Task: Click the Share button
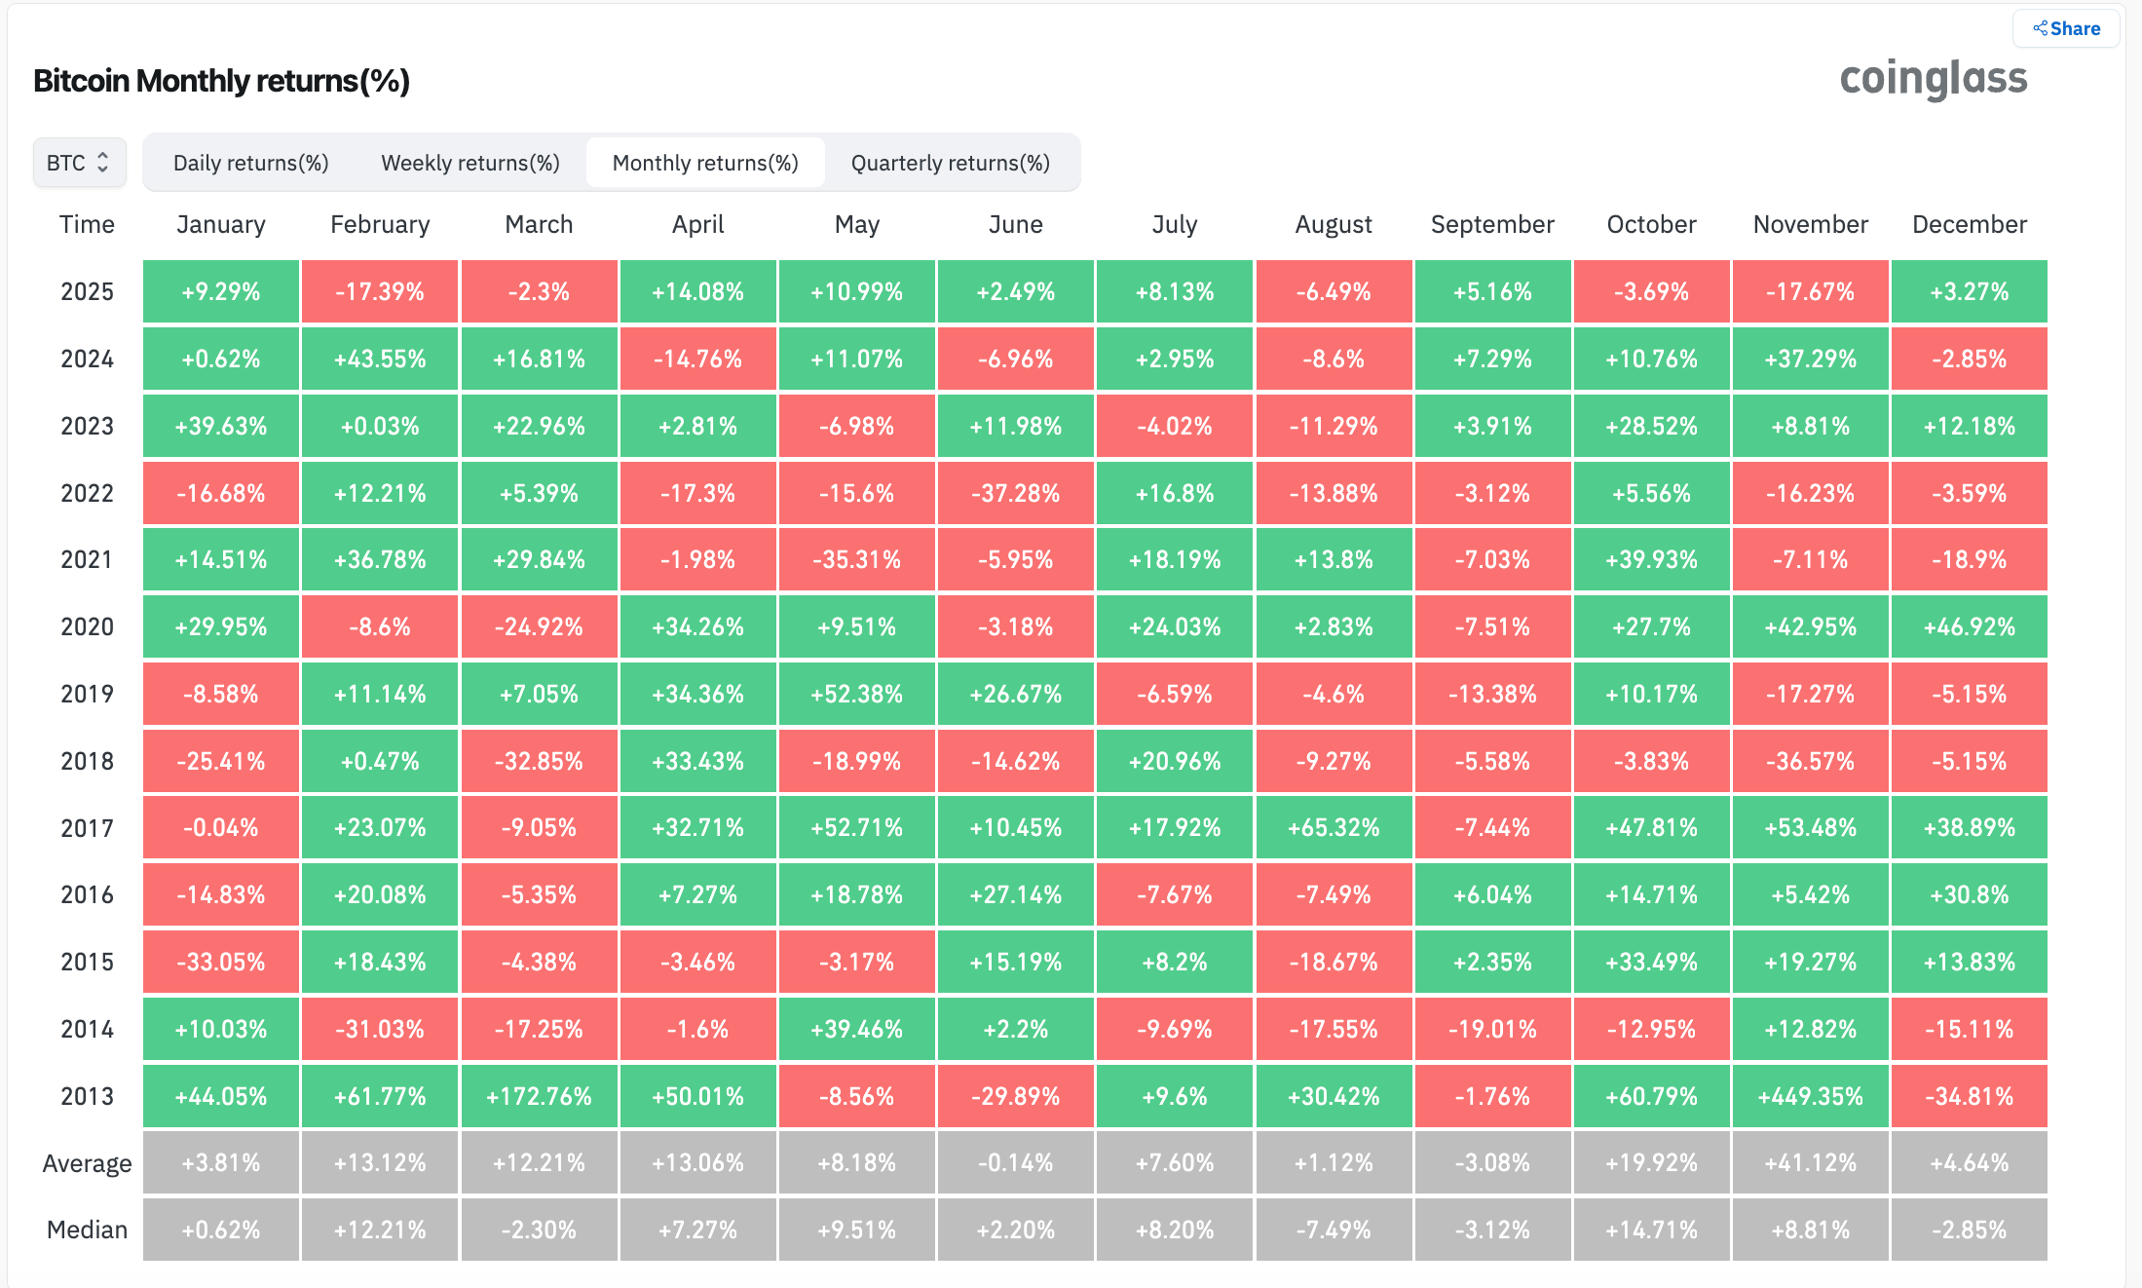pyautogui.click(x=2066, y=28)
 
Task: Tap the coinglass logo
pyautogui.click(x=1933, y=79)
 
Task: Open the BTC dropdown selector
pyautogui.click(x=79, y=163)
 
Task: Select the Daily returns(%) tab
pyautogui.click(x=250, y=163)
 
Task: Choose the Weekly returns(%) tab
pyautogui.click(x=470, y=163)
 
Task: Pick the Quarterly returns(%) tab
pyautogui.click(x=950, y=163)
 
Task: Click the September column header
pyautogui.click(x=1492, y=224)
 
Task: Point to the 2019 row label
pyautogui.click(x=87, y=694)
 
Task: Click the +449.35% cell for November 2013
pyautogui.click(x=1810, y=1096)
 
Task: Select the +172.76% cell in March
pyautogui.click(x=539, y=1096)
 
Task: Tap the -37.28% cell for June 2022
pyautogui.click(x=1015, y=493)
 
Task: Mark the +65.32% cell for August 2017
pyautogui.click(x=1334, y=828)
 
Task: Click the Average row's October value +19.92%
pyautogui.click(x=1651, y=1162)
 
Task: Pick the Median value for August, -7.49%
pyautogui.click(x=1334, y=1230)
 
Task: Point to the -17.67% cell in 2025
pyautogui.click(x=1810, y=291)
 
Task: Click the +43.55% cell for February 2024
pyautogui.click(x=380, y=359)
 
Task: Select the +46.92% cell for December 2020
pyautogui.click(x=1969, y=626)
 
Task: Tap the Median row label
pyautogui.click(x=87, y=1230)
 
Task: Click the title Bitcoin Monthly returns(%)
pyautogui.click(x=221, y=81)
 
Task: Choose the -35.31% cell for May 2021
pyautogui.click(x=856, y=560)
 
